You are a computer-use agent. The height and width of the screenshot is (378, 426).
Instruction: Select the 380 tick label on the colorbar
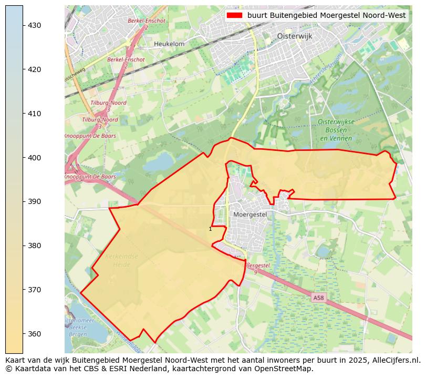pos(35,246)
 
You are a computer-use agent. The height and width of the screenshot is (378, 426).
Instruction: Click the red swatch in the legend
pos(234,15)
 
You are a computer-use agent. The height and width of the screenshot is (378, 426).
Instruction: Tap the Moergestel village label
pos(250,214)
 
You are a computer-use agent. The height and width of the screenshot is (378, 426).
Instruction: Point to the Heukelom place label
pos(169,44)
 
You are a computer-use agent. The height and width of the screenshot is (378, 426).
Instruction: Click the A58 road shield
pos(318,298)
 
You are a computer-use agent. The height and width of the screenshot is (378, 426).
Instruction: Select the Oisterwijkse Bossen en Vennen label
pos(336,130)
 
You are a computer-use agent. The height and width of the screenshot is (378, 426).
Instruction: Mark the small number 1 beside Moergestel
pos(210,229)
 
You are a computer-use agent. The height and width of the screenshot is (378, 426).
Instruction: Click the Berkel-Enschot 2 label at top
pos(146,24)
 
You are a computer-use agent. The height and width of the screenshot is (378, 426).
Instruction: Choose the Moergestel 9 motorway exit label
pos(257,269)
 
